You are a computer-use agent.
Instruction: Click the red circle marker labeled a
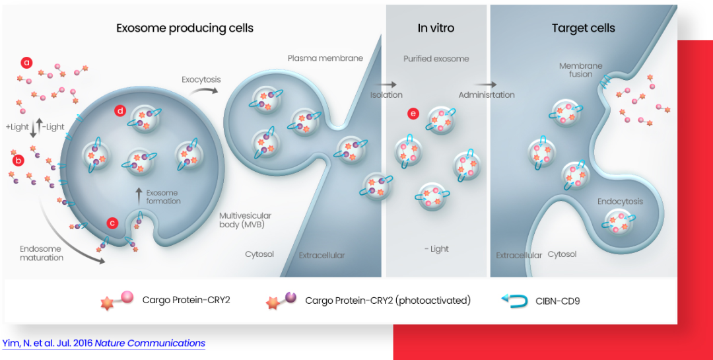coord(27,63)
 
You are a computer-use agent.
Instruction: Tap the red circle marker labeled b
coord(18,159)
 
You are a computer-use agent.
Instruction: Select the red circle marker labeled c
coord(113,223)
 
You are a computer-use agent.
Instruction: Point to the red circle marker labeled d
coord(120,110)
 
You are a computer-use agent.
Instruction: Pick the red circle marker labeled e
coord(414,114)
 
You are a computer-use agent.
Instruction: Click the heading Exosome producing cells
coord(185,28)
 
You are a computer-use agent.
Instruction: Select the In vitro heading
coord(436,28)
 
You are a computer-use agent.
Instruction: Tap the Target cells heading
coord(583,28)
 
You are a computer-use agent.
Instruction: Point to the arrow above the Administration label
coord(487,85)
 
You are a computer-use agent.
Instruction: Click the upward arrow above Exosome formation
coord(139,194)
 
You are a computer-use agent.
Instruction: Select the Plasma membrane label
coord(325,58)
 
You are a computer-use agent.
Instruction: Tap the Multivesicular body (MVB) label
coord(245,220)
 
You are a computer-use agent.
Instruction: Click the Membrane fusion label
coord(581,70)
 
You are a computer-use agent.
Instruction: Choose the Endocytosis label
coord(620,201)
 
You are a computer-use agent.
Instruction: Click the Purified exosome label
coord(436,59)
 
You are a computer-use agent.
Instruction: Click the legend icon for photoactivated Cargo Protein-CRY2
coord(281,301)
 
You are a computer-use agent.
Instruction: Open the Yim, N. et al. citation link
coord(104,343)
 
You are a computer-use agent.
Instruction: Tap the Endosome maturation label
coord(42,253)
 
